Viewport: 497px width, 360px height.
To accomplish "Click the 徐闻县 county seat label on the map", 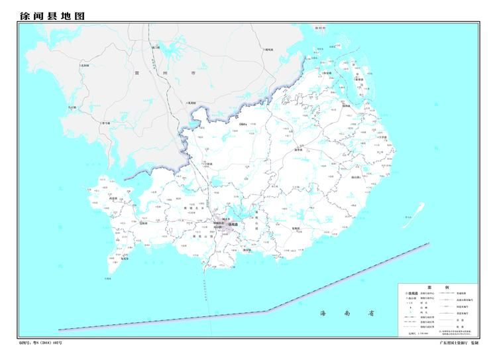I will coord(232,224).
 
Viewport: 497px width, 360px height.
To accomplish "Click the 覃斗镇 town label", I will coord(105,123).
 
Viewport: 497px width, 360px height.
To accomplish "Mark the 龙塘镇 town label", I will coord(296,229).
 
